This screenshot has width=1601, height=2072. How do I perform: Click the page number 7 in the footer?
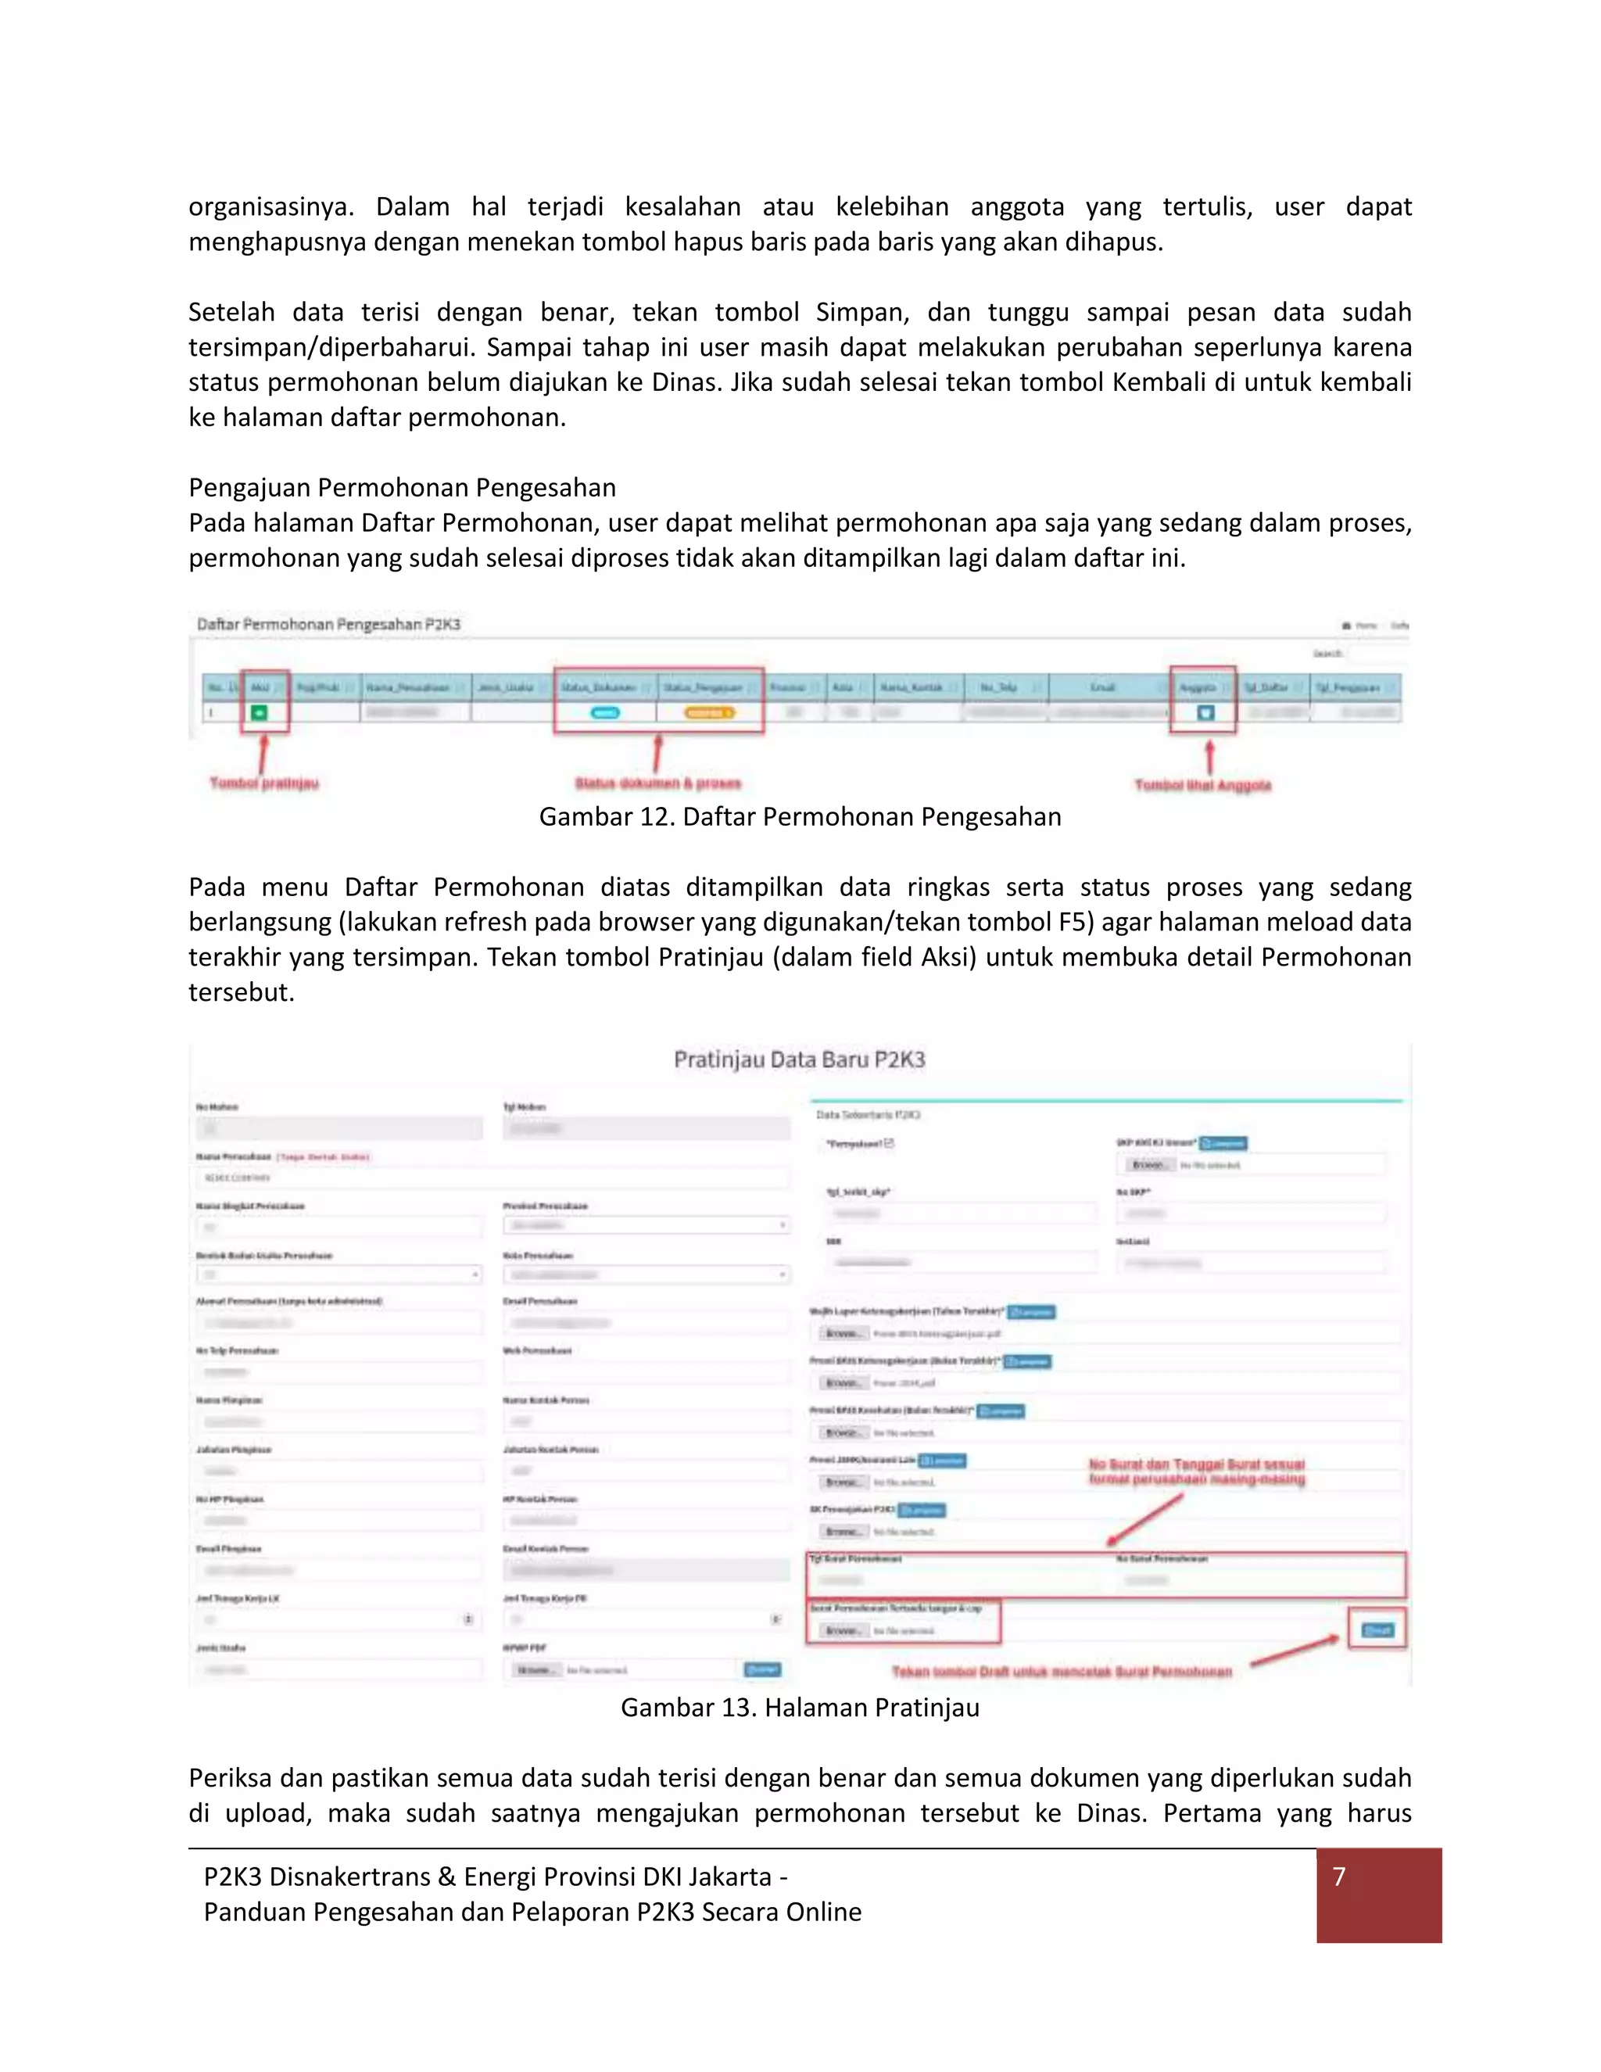[x=1338, y=1877]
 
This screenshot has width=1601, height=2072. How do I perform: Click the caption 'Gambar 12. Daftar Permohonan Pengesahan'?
[x=800, y=817]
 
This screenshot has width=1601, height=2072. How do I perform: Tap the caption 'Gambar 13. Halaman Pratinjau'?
[x=800, y=1708]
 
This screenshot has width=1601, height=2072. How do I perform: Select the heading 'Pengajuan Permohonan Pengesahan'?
[x=402, y=488]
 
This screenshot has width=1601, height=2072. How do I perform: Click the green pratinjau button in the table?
[x=259, y=712]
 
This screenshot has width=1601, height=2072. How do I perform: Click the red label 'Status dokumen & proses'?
[x=657, y=783]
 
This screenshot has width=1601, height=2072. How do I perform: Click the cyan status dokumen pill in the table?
[x=605, y=712]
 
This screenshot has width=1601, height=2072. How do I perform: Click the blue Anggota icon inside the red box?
[x=1205, y=712]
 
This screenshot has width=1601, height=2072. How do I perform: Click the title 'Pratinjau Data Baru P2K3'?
[x=800, y=1059]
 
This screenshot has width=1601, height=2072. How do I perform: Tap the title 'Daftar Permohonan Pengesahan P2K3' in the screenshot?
[x=328, y=624]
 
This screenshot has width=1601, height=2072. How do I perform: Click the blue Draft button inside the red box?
[x=1377, y=1630]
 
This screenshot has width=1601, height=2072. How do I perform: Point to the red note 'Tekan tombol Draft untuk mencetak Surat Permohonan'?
[x=1062, y=1672]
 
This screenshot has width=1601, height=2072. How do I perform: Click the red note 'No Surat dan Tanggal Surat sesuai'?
[x=1196, y=1464]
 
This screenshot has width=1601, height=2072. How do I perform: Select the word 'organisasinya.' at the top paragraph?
[x=270, y=207]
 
